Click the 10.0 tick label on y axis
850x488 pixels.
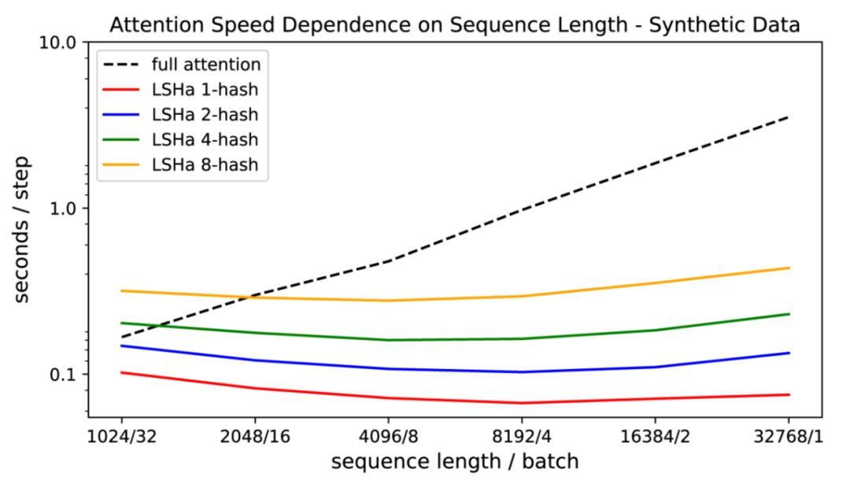(x=57, y=42)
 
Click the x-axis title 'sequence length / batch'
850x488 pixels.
(x=455, y=461)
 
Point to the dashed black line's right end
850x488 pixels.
(x=789, y=117)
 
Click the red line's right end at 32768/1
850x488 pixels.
(x=789, y=394)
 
